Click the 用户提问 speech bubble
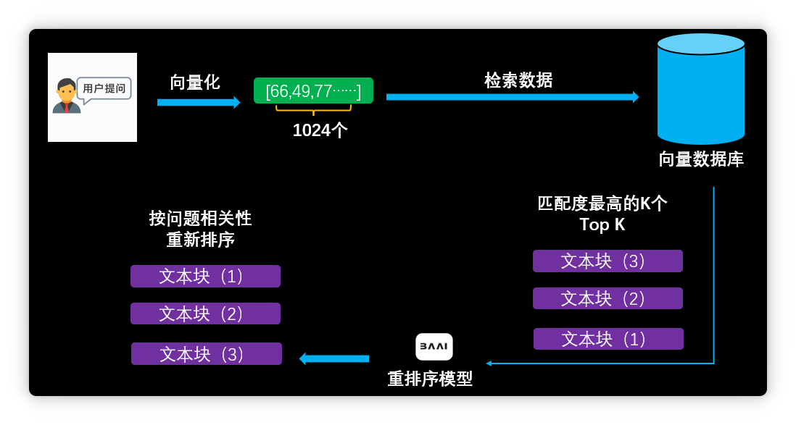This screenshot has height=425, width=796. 104,89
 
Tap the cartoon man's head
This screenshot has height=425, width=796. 67,91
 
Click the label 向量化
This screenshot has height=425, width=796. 195,82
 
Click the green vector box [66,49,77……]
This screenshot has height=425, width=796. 313,91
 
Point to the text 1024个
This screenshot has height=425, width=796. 320,130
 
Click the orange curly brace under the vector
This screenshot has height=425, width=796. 313,109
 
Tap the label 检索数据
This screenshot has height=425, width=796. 518,80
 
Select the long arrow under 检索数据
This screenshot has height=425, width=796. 512,97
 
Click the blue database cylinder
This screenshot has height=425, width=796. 701,89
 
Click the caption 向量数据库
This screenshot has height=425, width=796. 701,159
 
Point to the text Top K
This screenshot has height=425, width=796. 602,224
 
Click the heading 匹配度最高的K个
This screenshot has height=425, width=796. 602,203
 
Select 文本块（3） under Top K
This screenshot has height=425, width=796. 608,261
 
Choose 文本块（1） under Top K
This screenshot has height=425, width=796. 608,339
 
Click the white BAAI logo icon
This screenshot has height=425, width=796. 434,347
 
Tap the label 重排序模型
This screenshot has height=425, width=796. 430,379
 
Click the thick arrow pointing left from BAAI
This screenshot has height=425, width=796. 334,358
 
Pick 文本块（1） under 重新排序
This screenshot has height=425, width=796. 205,276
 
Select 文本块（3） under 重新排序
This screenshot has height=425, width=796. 207,354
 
